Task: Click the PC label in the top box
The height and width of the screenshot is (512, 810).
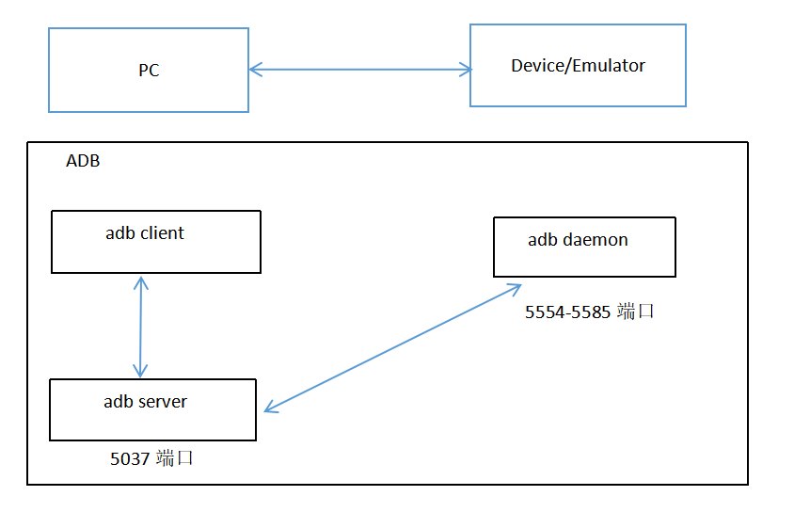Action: click(149, 71)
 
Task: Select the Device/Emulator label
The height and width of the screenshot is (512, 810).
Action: click(578, 66)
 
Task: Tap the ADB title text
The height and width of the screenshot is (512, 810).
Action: click(83, 161)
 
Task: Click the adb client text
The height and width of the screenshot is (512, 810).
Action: click(145, 233)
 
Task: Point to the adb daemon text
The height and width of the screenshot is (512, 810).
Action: click(578, 240)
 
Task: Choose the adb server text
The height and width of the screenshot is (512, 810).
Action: click(145, 402)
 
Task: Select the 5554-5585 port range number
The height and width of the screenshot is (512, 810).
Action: click(568, 312)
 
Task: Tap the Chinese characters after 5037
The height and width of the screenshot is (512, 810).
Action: click(176, 459)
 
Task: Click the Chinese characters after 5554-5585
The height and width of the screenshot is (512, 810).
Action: click(635, 312)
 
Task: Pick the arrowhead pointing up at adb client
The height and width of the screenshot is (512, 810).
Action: click(140, 281)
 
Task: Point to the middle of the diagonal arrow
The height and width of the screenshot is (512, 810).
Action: click(393, 347)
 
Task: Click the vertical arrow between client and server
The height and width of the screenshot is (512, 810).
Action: click(140, 326)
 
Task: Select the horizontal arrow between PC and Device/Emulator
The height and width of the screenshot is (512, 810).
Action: click(359, 69)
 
